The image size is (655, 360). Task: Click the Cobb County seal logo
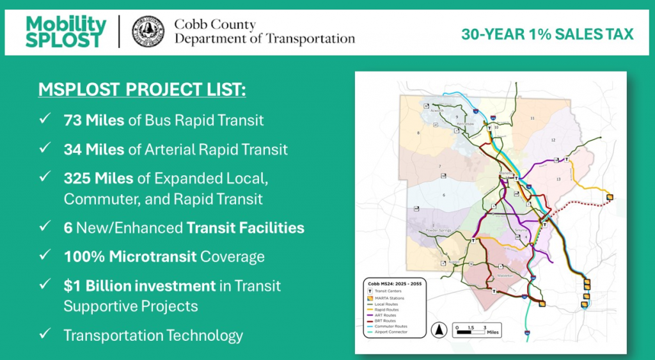tap(148, 31)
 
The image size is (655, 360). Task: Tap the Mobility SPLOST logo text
tap(66, 31)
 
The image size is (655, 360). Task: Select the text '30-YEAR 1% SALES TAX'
tap(547, 34)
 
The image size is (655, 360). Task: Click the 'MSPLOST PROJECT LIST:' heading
tap(141, 90)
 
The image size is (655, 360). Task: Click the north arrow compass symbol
tap(440, 330)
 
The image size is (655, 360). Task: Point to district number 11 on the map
tap(532, 119)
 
